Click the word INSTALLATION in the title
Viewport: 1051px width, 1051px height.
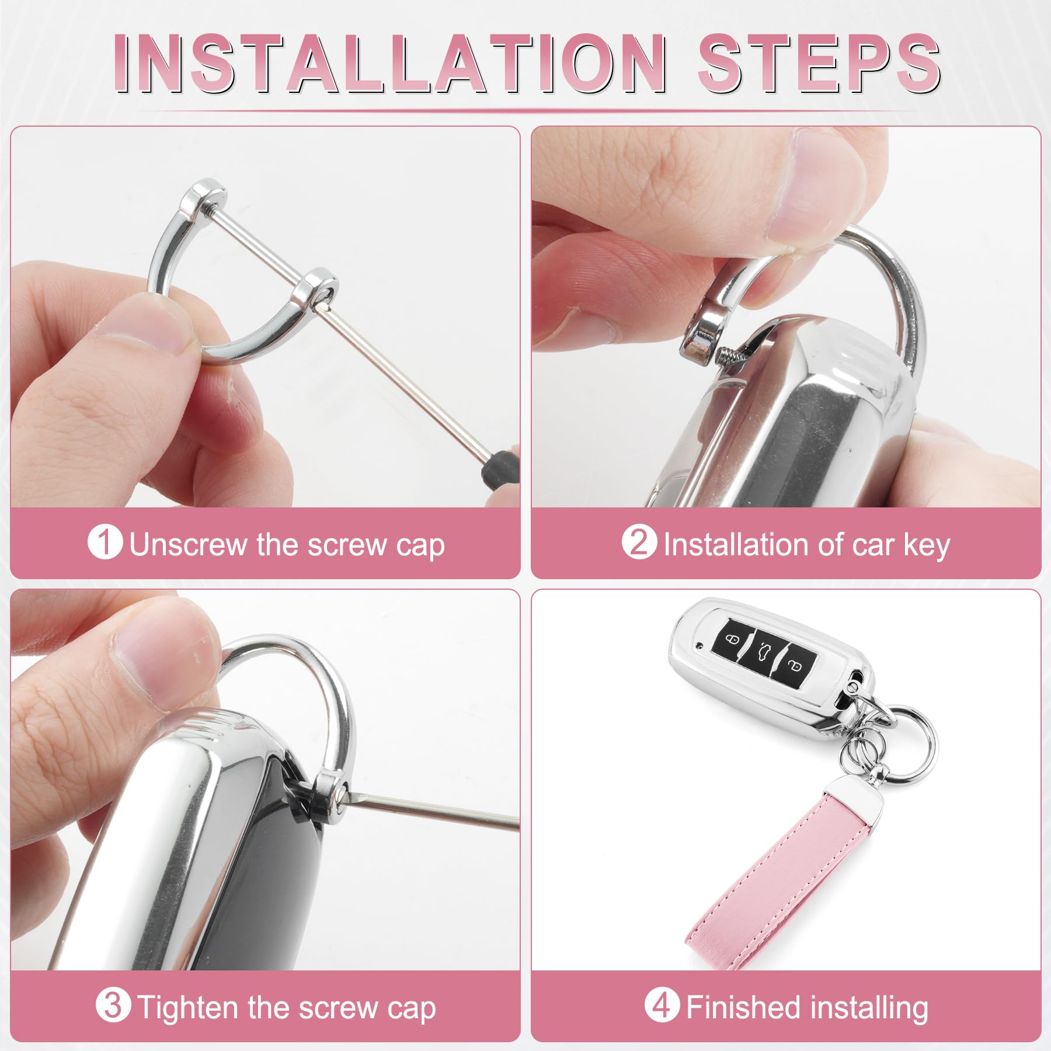point(390,62)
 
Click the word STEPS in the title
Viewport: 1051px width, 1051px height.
point(819,62)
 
